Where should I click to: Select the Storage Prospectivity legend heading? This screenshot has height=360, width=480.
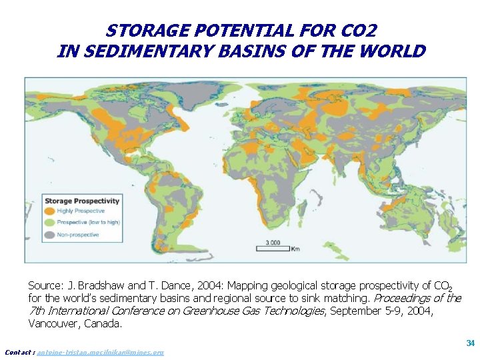[x=82, y=201]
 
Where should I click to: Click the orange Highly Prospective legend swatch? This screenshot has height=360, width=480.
[x=50, y=211]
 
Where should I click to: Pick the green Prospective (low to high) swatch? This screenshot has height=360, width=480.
[x=50, y=222]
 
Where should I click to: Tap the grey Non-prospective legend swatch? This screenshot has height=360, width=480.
[x=50, y=235]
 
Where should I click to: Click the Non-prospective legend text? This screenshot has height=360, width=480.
[x=77, y=235]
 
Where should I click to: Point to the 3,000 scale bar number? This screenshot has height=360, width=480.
[x=273, y=242]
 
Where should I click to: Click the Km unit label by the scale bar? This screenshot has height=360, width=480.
[x=295, y=249]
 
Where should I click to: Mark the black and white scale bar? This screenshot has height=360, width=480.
[x=273, y=249]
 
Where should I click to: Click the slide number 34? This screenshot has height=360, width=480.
[x=470, y=343]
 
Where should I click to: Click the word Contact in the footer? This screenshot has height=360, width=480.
[x=19, y=352]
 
